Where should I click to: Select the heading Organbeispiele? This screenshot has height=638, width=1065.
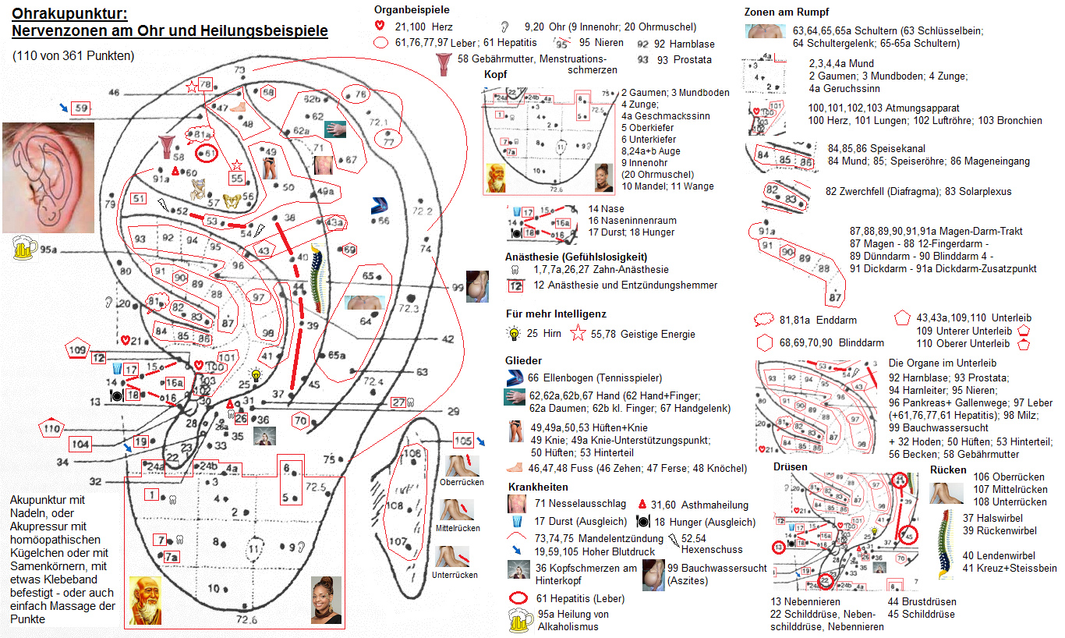[412, 9]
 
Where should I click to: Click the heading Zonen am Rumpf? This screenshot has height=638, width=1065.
[786, 12]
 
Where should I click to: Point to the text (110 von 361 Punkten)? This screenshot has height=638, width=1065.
[73, 55]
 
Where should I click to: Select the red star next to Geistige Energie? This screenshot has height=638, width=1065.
[578, 335]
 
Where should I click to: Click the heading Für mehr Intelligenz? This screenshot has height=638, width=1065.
[555, 314]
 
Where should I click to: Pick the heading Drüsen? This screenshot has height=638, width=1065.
[790, 466]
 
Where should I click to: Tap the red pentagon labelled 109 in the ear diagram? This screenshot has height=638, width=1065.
[77, 351]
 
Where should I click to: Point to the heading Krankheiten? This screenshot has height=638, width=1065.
[537, 487]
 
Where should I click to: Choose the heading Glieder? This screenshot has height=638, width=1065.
[522, 361]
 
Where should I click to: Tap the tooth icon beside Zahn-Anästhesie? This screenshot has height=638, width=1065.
[515, 270]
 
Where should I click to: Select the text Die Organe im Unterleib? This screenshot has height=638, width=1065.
[942, 363]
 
